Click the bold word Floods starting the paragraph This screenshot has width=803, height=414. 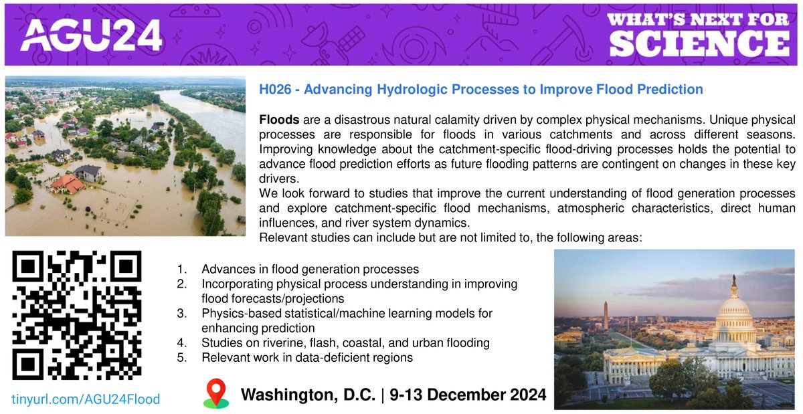[x=276, y=121]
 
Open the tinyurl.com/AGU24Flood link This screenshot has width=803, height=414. [x=86, y=399]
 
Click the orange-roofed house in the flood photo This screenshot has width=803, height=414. [x=67, y=183]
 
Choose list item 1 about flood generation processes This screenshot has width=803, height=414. [x=310, y=270]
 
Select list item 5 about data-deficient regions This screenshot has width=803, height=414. [x=306, y=358]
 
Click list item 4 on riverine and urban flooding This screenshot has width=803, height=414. [x=345, y=343]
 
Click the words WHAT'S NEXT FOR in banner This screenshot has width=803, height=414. [x=700, y=19]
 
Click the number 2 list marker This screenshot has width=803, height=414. [x=181, y=284]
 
